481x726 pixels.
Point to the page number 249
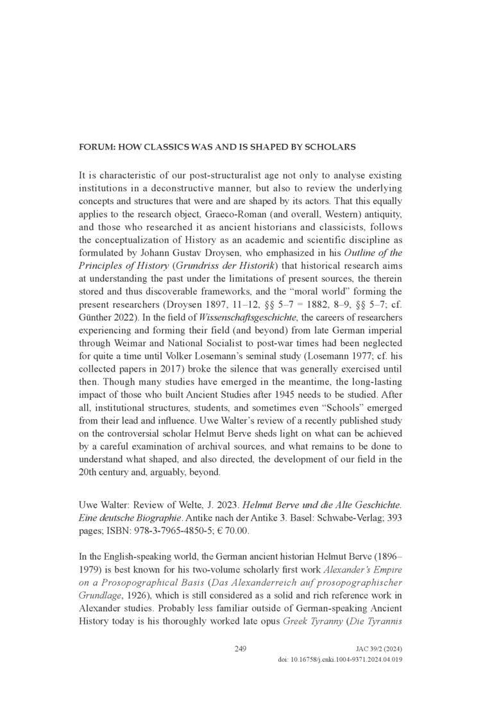pos(240,649)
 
